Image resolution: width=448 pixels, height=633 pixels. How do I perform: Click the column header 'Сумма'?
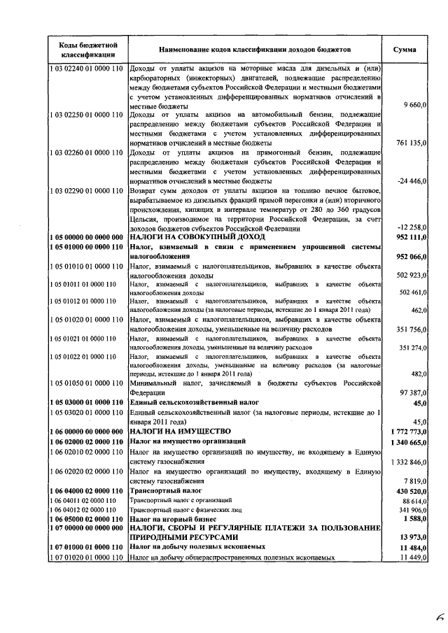click(405, 50)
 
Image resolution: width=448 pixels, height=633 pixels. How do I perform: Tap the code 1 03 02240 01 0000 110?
click(87, 69)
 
